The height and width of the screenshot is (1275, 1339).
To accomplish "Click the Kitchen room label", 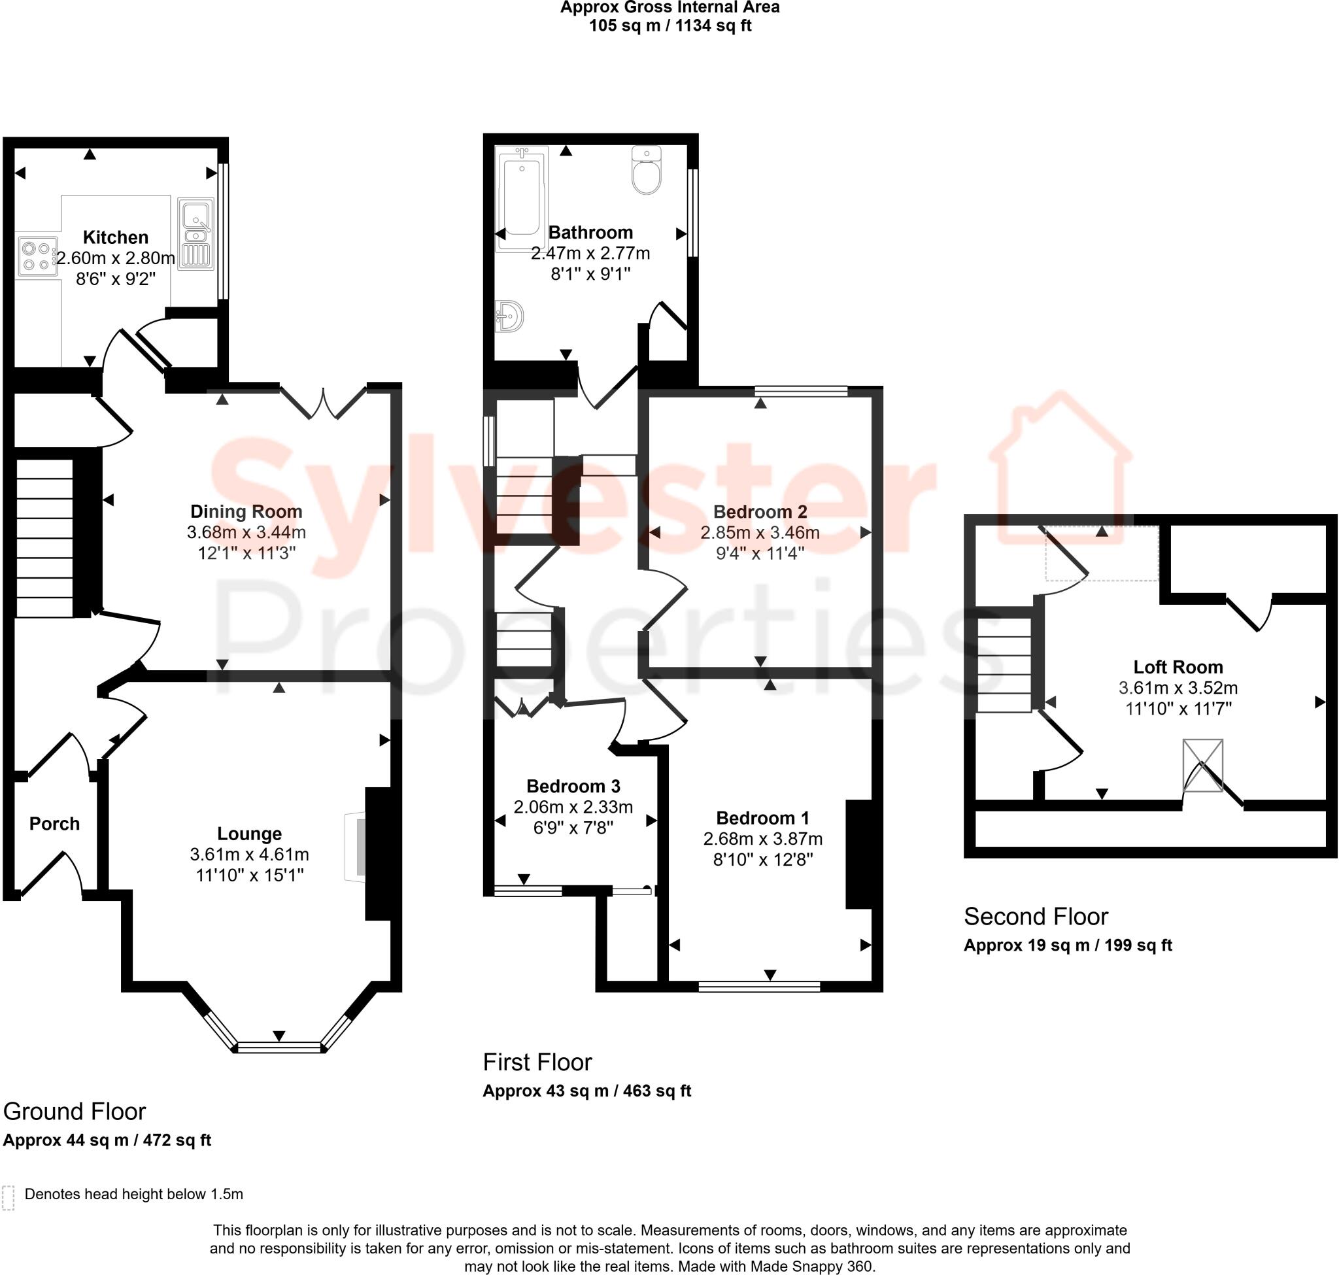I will point(116,237).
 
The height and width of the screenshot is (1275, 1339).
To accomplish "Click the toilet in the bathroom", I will point(646,170).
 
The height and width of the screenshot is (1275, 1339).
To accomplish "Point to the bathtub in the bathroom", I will point(521,199).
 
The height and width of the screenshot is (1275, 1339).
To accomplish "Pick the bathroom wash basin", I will point(511,316).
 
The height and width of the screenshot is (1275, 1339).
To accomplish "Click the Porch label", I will point(54,824).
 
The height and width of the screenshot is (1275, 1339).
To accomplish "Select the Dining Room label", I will point(246,511).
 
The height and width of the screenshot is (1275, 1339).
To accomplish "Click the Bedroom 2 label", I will point(760,511).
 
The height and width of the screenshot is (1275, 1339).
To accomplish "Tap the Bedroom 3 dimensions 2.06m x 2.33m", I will point(573,807).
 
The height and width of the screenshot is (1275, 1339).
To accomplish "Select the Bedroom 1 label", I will point(762,817).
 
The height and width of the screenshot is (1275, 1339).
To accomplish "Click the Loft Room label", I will point(1178,667).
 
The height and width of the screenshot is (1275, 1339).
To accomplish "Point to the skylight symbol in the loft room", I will point(1202,765).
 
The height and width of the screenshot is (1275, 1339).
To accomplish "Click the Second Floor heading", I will point(1035,916).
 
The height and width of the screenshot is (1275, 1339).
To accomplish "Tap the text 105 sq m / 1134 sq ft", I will point(669,25).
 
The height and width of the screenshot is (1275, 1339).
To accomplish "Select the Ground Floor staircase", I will point(44,538).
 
